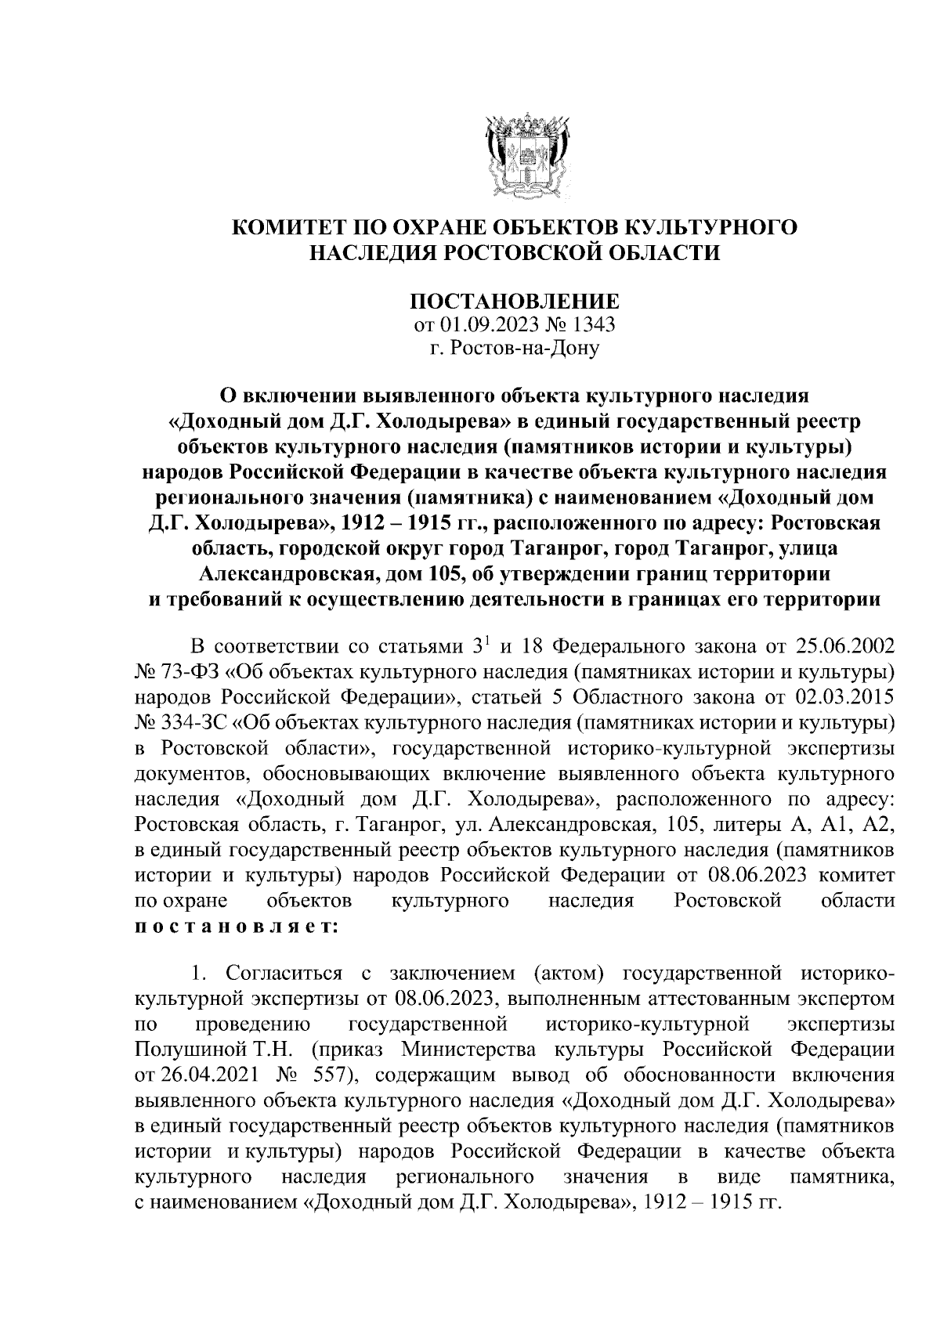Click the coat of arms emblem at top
pos(515,156)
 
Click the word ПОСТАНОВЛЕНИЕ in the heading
pos(515,302)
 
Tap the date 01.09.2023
pos(478,324)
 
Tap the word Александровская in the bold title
pos(291,576)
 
